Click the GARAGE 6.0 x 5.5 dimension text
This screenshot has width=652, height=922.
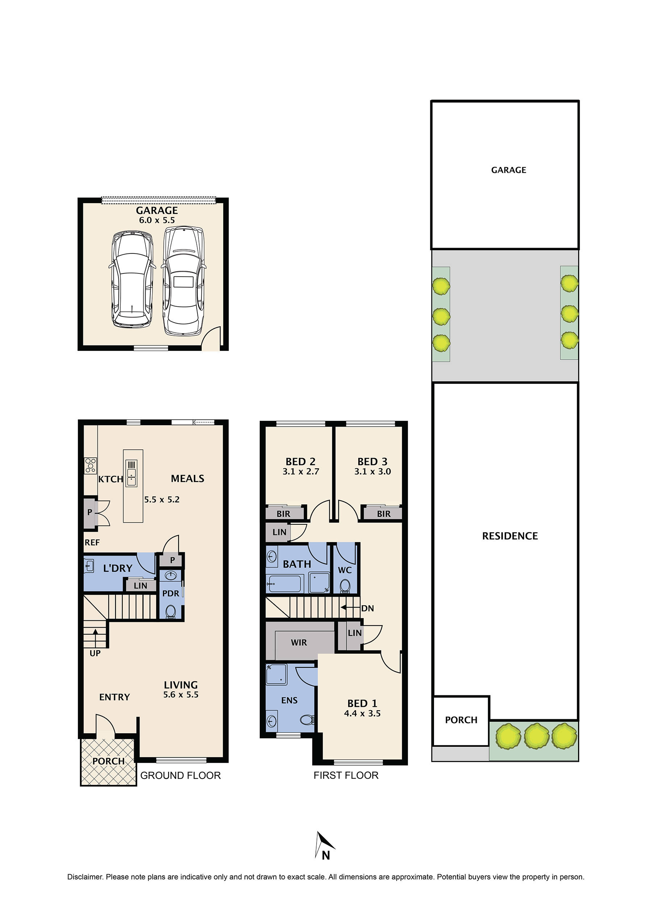pos(157,220)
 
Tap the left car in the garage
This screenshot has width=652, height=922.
pos(132,279)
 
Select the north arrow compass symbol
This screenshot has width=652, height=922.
pos(324,846)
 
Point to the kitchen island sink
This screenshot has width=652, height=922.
pos(131,473)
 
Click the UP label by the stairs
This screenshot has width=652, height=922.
pos(95,653)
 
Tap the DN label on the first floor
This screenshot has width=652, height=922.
pos(367,608)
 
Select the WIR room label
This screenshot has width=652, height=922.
pos(298,642)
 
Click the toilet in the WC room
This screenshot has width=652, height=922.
pos(344,587)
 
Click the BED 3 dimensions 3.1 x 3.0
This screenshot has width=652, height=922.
pos(372,472)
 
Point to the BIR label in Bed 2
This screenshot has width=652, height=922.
pos(283,514)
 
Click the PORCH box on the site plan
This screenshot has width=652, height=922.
pos(461,720)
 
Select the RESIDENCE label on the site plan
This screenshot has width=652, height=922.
pos(509,536)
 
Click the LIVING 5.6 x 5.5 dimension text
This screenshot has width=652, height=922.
pos(180,695)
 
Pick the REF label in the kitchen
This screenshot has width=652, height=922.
pos(92,542)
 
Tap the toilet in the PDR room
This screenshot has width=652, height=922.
pos(170,612)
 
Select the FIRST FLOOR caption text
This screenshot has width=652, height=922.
pos(346,775)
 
